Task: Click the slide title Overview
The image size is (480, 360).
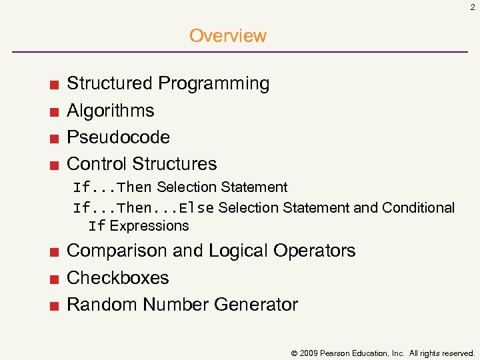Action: tap(227, 35)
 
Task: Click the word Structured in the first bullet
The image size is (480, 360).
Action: tap(110, 83)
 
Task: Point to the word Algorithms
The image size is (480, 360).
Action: tap(111, 111)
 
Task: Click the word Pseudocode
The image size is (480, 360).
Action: tap(118, 137)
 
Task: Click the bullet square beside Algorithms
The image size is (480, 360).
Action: tap(53, 111)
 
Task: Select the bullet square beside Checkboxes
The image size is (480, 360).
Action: tap(53, 279)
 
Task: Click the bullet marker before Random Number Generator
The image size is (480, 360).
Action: tap(53, 305)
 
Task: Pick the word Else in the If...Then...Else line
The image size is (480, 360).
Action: tap(196, 208)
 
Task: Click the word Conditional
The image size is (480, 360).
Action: tap(419, 208)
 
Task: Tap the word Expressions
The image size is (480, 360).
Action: tap(149, 226)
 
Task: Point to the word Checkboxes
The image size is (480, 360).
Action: tap(118, 278)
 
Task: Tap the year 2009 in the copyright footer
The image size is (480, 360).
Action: tap(309, 353)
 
